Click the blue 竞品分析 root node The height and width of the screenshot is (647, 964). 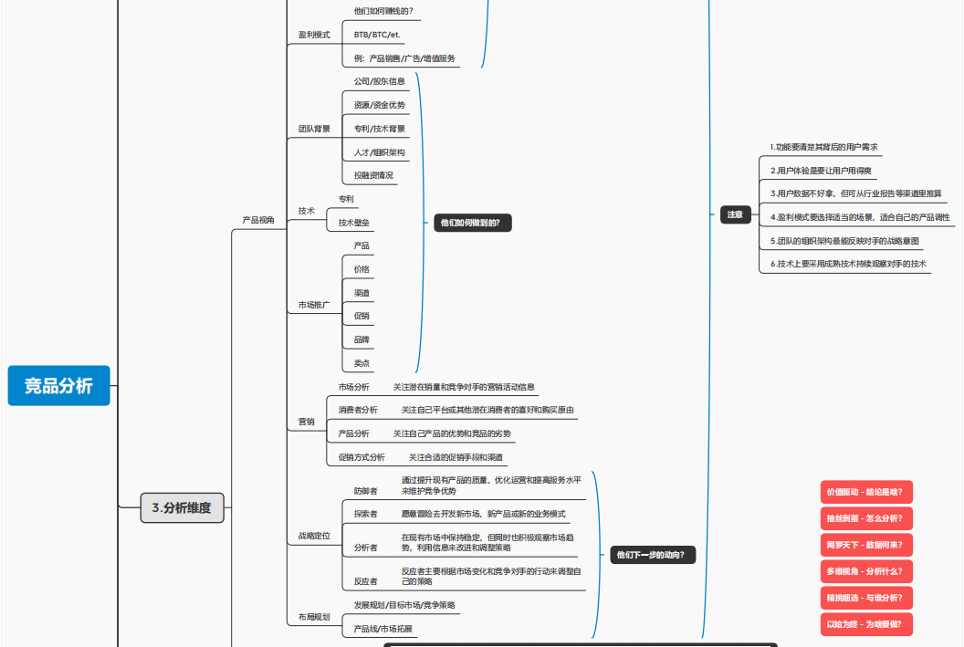tap(58, 386)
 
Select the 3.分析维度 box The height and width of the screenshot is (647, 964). tap(182, 507)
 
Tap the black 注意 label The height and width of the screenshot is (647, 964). tap(735, 215)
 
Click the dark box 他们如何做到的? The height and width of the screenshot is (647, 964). tap(473, 223)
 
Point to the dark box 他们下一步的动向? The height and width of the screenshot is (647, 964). tap(653, 554)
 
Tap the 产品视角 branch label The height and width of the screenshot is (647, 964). tap(257, 220)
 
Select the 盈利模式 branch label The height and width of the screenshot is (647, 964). tap(314, 35)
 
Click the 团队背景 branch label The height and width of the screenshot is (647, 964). tap(314, 129)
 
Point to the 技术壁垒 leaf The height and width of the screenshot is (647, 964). tap(354, 222)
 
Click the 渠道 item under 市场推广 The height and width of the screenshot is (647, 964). tap(361, 293)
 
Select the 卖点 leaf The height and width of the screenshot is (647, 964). tap(361, 363)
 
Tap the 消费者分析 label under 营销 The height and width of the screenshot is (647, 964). tap(358, 410)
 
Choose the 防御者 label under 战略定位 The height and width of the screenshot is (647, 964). tap(365, 491)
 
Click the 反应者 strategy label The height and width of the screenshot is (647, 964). tap(365, 581)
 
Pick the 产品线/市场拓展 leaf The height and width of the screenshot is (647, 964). tap(382, 629)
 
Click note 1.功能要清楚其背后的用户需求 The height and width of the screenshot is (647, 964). tap(823, 146)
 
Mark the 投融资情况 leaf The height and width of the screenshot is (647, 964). tap(373, 175)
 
